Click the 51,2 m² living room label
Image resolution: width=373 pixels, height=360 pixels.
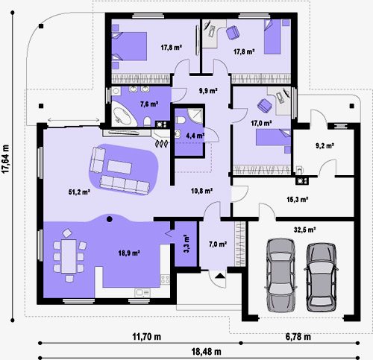[x=79, y=192]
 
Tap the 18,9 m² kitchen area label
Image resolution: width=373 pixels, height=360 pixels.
[x=129, y=253]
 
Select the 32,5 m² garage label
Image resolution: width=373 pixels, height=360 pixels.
[x=304, y=230]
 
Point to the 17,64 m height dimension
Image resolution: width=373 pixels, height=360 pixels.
[x=5, y=159]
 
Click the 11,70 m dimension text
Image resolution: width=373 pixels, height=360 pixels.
[x=146, y=337]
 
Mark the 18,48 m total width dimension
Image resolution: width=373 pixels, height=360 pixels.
[x=206, y=352]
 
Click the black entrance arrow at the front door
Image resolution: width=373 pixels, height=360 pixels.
[x=220, y=275]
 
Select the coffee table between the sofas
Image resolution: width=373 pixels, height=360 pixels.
[x=119, y=167]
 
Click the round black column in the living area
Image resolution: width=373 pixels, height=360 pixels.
[x=109, y=219]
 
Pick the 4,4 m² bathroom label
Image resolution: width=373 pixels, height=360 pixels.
[x=195, y=136]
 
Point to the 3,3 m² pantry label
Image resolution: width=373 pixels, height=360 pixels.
[x=186, y=244]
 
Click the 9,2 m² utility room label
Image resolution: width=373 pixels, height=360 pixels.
[x=325, y=146]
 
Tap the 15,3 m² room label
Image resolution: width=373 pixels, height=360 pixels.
[x=298, y=199]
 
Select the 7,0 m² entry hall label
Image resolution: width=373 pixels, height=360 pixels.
[x=218, y=244]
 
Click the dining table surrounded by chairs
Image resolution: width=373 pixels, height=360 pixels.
[x=69, y=256]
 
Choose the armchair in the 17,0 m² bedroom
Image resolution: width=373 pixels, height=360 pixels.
[x=264, y=106]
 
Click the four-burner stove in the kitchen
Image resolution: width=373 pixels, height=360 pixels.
[x=165, y=280]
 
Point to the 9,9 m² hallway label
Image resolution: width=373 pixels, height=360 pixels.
[x=208, y=91]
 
